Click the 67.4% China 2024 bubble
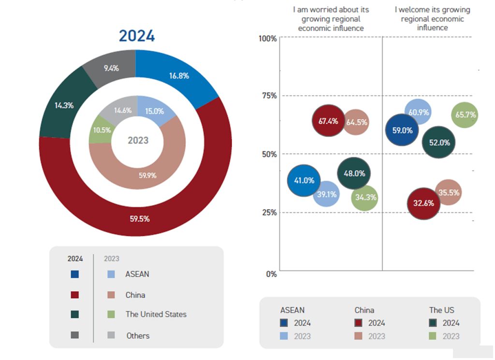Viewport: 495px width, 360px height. click(328, 121)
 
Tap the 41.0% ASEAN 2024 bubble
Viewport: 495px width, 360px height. click(304, 180)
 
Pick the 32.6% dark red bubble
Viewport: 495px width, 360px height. click(423, 203)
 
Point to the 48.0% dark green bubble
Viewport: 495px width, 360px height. click(354, 173)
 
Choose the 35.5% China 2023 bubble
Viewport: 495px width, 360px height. click(448, 192)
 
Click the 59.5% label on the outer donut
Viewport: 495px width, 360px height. click(140, 219)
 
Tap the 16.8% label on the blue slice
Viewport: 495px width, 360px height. click(179, 75)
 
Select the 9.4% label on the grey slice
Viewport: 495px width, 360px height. click(111, 68)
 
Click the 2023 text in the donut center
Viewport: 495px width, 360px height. click(138, 141)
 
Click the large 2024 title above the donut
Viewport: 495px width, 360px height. click(137, 36)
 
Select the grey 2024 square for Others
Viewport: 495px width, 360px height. click(74, 335)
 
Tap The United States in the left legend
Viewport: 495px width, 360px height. click(156, 315)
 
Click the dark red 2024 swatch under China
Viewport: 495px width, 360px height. click(359, 323)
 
